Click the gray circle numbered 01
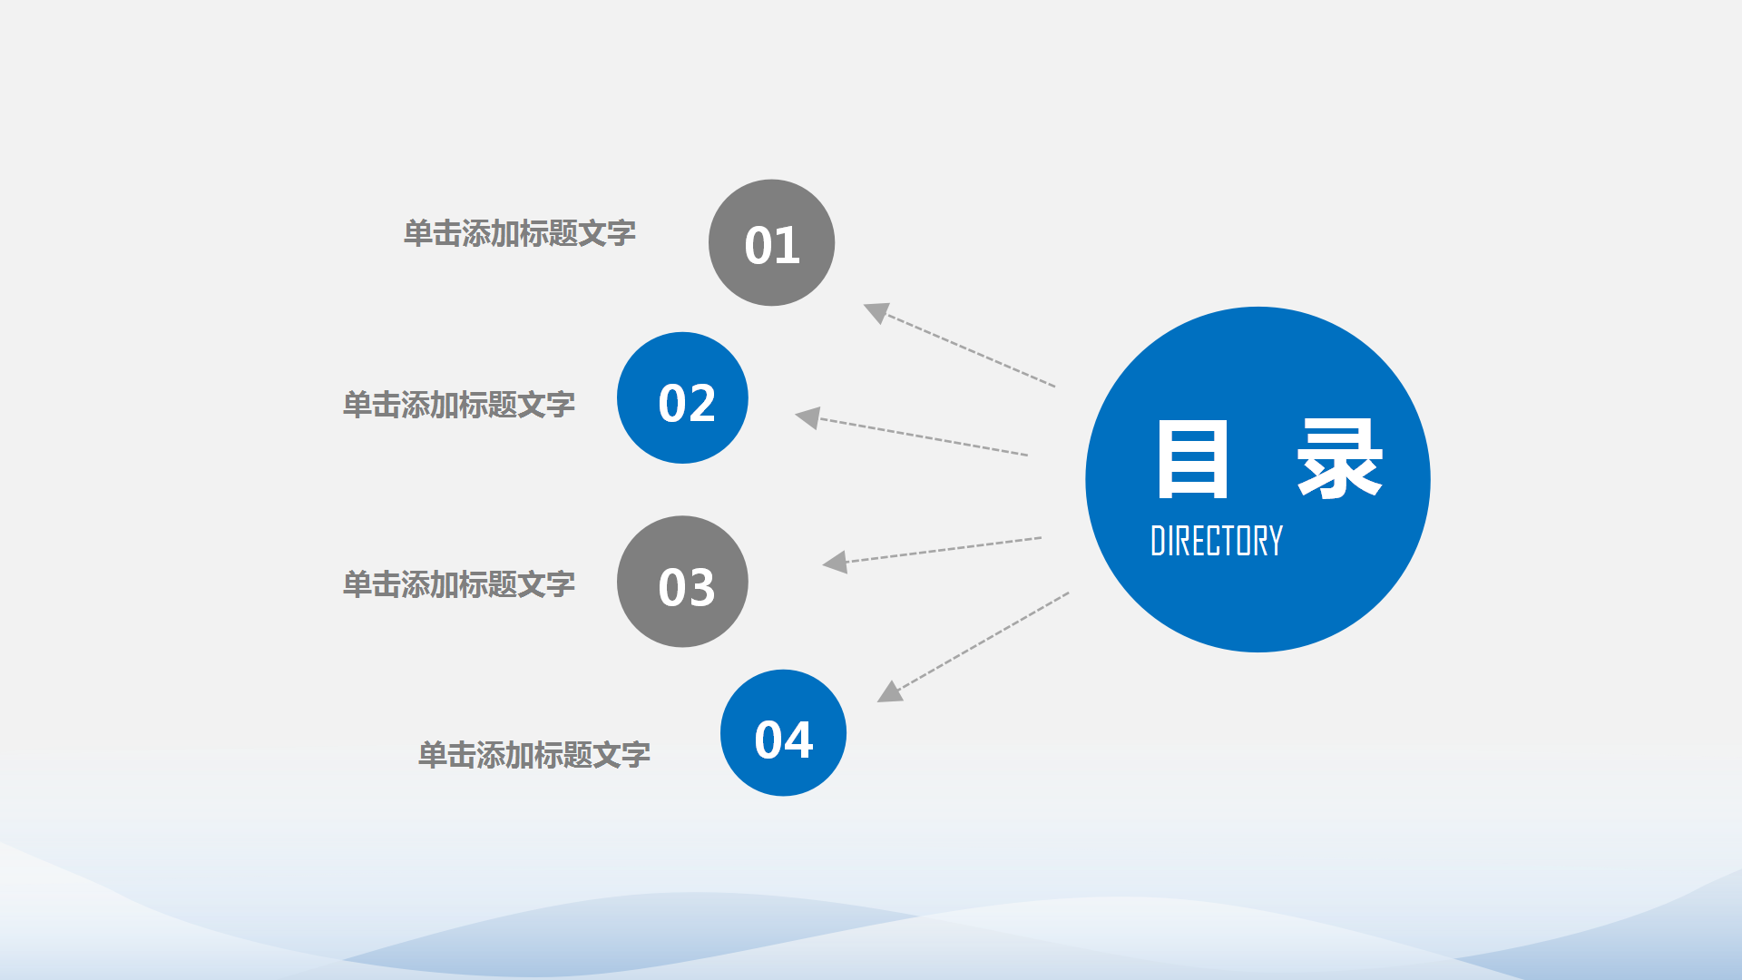[771, 242]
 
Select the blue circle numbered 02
[682, 397]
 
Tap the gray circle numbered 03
[682, 582]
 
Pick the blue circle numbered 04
[783, 733]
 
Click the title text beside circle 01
[519, 234]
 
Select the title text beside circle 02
[458, 405]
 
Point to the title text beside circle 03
[458, 584]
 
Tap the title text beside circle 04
[533, 755]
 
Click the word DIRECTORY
[1216, 541]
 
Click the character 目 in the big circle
[1192, 459]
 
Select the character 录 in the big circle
[1339, 459]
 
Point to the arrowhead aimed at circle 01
[876, 312]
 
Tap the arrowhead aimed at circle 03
[836, 563]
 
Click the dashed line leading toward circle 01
[971, 351]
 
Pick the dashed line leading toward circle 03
[944, 550]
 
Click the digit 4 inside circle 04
[798, 740]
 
